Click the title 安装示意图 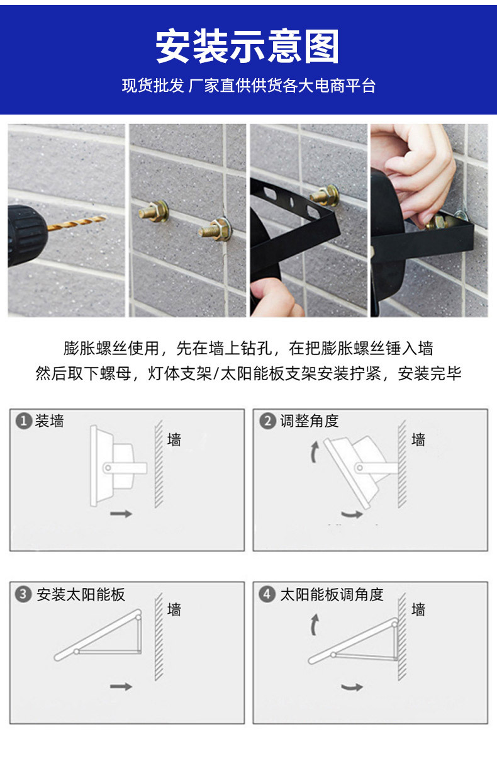point(248,47)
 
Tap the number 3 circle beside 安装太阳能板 point(24,594)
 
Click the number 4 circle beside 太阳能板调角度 point(267,594)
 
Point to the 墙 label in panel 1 point(174,439)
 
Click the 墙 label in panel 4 point(418,609)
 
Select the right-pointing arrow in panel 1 point(121,514)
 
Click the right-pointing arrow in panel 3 point(121,685)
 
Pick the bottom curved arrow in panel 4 point(352,686)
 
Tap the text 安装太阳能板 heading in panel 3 point(81,594)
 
